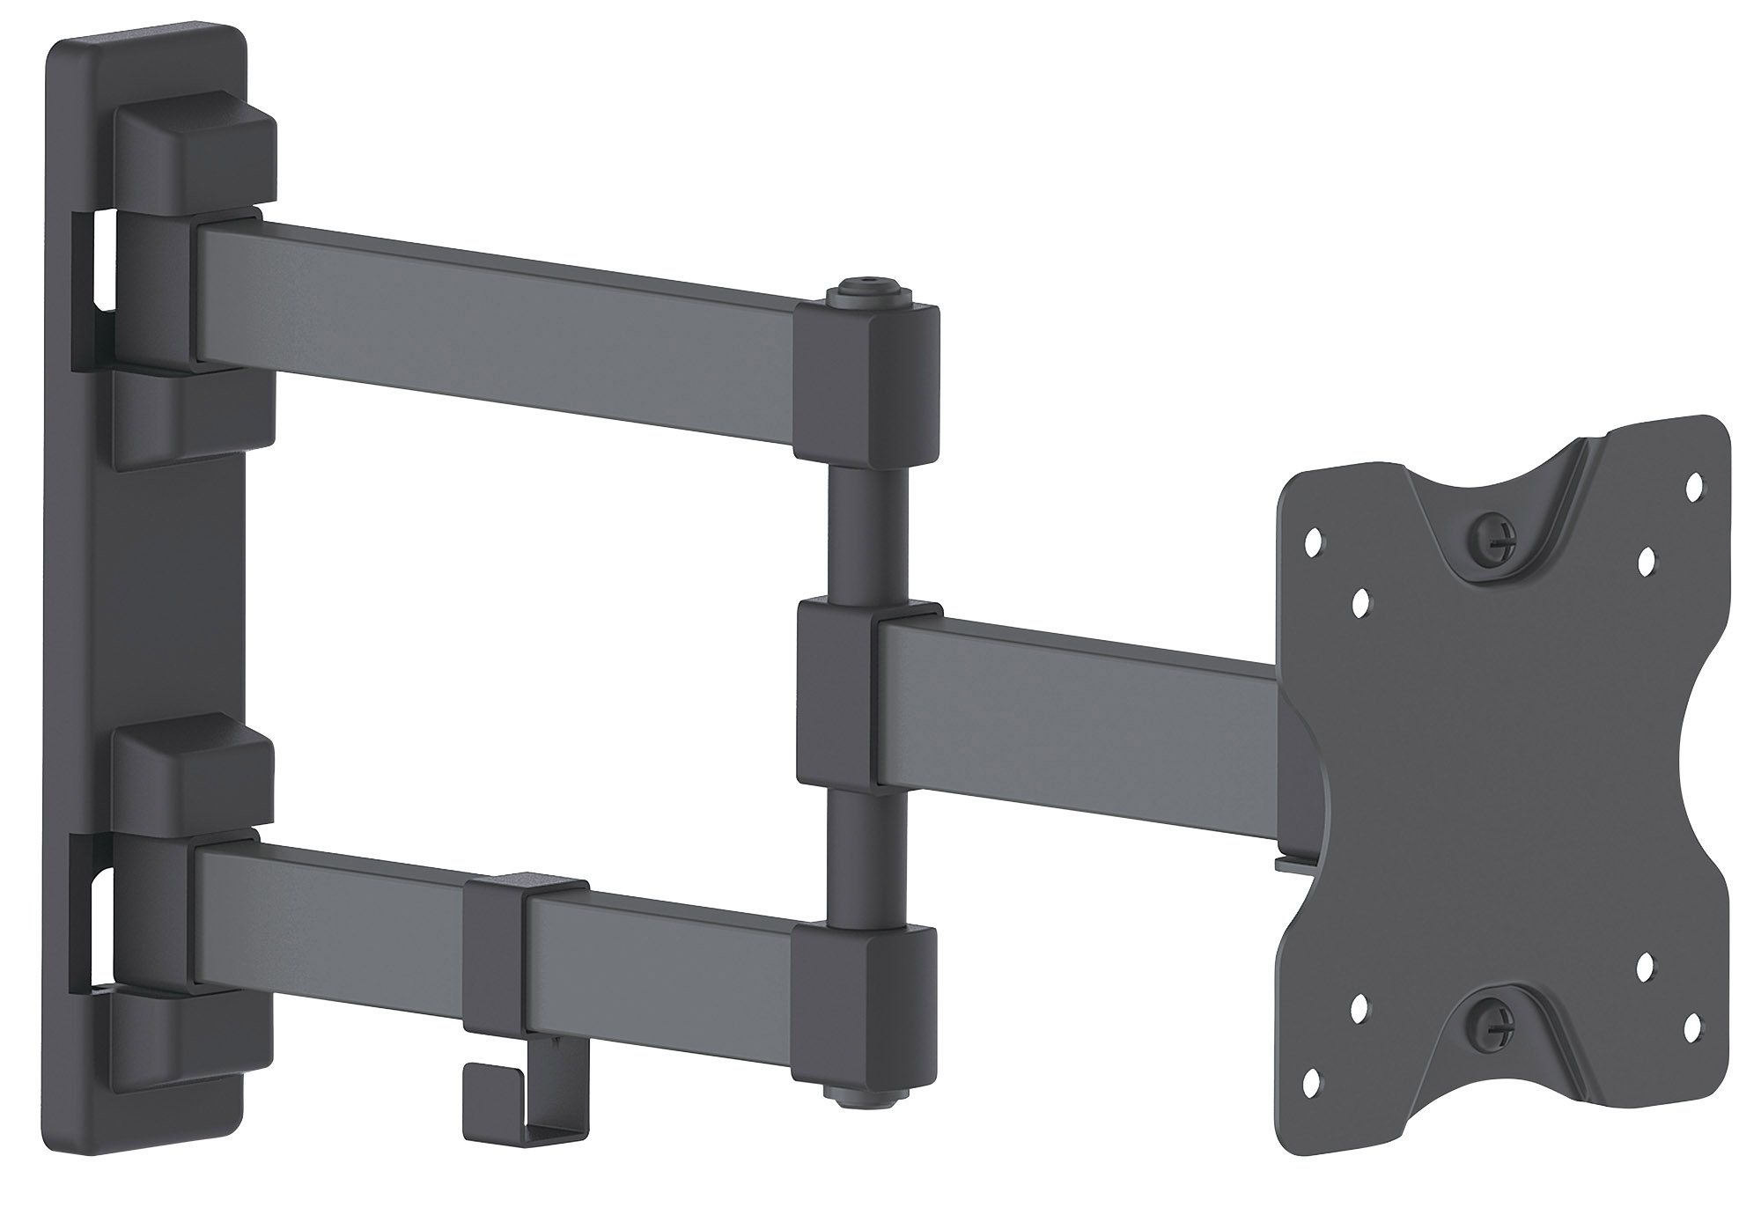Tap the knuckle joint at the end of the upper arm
click(866, 383)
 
